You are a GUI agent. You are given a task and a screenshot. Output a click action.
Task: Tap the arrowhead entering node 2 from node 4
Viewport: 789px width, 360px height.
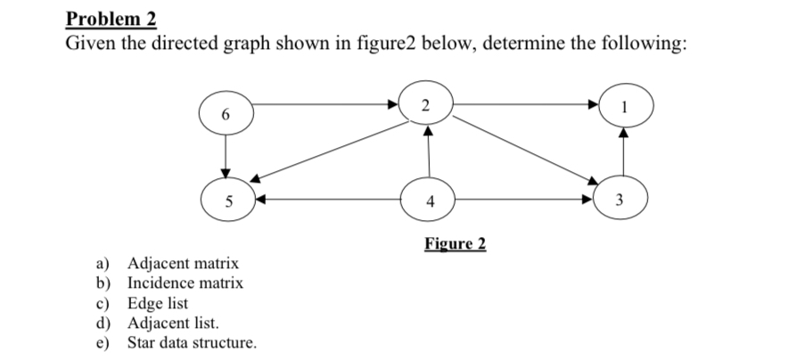429,130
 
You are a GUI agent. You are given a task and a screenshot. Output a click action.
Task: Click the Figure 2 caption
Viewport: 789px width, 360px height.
455,244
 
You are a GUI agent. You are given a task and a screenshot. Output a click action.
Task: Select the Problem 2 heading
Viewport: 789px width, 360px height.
111,18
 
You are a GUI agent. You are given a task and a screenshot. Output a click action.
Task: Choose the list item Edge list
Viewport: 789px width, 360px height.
158,303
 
